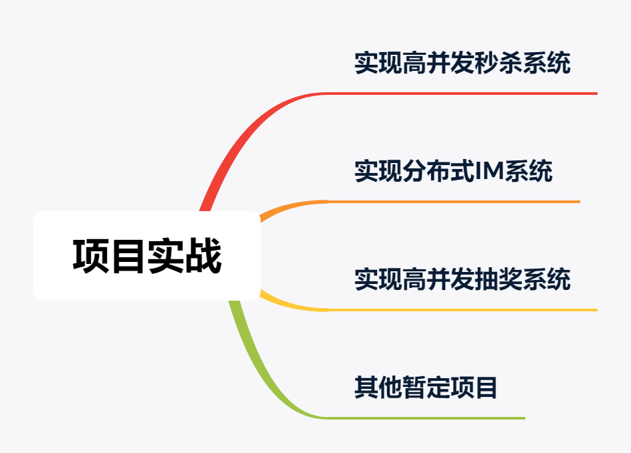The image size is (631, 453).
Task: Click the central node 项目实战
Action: pyautogui.click(x=146, y=256)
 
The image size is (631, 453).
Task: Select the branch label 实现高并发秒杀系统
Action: pyautogui.click(x=462, y=64)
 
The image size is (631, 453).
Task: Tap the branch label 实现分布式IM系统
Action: pyautogui.click(x=453, y=172)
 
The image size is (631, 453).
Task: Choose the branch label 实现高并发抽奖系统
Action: pyautogui.click(x=462, y=279)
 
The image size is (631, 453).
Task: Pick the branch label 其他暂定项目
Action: pyautogui.click(x=426, y=388)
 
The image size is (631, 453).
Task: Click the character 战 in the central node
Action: pyautogui.click(x=203, y=256)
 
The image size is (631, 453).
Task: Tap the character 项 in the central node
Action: pyautogui.click(x=91, y=256)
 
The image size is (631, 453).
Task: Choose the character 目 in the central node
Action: pyautogui.click(x=128, y=256)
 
